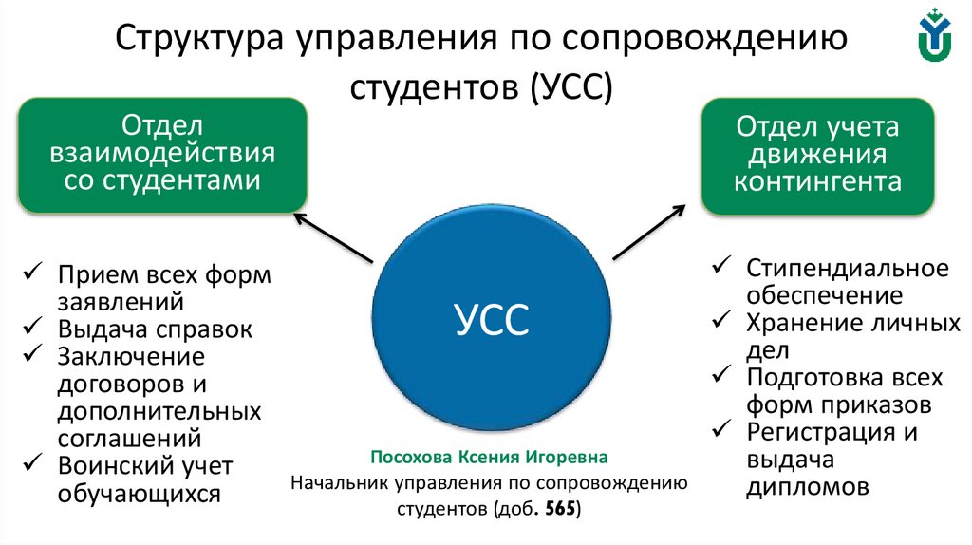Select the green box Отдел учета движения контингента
pyautogui.click(x=817, y=154)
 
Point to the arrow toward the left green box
pyautogui.click(x=332, y=236)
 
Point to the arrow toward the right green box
pyautogui.click(x=647, y=231)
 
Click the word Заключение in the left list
pyautogui.click(x=131, y=357)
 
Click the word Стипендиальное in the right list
pyautogui.click(x=847, y=268)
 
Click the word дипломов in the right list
pyautogui.click(x=807, y=488)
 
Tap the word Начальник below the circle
pyautogui.click(x=339, y=482)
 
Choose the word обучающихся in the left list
pyautogui.click(x=139, y=494)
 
